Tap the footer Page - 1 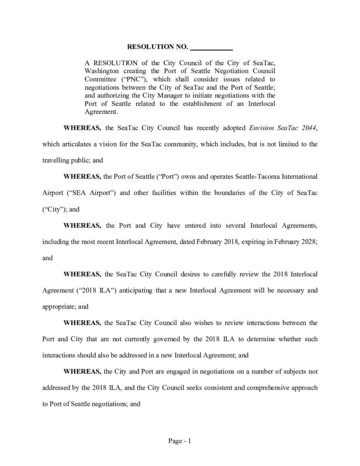(180, 441)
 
